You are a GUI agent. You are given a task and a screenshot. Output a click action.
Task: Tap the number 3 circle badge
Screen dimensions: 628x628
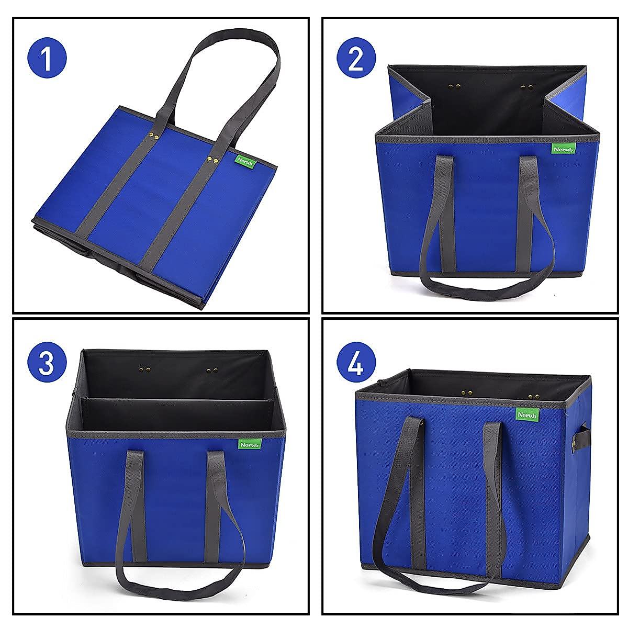tap(47, 363)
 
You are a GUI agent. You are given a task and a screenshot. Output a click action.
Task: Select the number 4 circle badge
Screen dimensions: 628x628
tap(356, 363)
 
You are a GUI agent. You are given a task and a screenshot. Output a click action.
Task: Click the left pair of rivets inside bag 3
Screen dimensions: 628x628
tap(142, 370)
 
